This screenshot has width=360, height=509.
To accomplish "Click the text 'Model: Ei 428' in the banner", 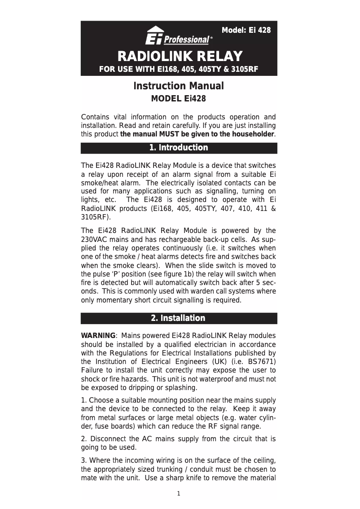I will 246,31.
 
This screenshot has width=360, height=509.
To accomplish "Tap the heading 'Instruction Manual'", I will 179,86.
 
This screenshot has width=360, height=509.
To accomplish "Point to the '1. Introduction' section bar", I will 179,148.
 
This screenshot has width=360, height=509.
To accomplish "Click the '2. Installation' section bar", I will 179,318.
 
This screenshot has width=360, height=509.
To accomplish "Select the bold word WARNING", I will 98,336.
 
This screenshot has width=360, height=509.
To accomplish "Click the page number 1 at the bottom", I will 179,494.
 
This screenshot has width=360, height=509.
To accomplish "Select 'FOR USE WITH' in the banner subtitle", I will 122,70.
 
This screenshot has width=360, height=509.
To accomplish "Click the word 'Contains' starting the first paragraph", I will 95,117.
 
